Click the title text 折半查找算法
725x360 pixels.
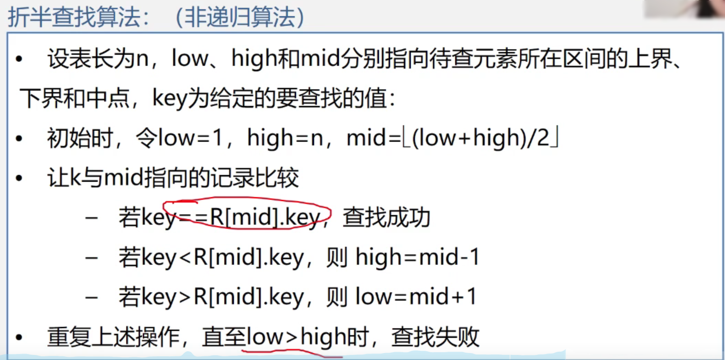(x=74, y=17)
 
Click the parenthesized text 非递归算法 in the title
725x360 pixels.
(x=240, y=17)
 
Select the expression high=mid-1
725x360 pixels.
(x=417, y=257)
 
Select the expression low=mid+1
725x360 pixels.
(x=416, y=296)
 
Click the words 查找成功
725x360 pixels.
(x=386, y=217)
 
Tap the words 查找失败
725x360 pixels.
(x=435, y=337)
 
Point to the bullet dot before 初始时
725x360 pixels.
(x=19, y=138)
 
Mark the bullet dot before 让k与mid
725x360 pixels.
(x=19, y=178)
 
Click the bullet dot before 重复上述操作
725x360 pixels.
(x=19, y=337)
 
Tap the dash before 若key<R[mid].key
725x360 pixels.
(x=91, y=257)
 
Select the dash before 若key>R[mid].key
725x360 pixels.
(x=91, y=297)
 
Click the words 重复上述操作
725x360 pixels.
(x=113, y=337)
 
